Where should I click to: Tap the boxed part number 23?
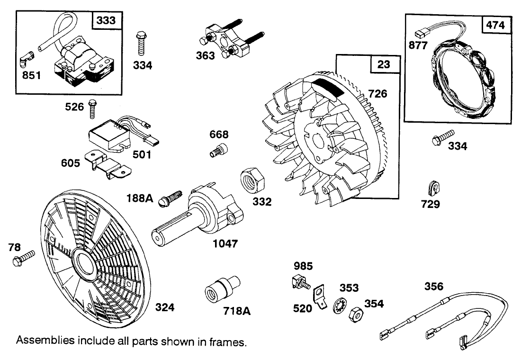click(x=384, y=64)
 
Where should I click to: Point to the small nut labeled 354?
click(x=355, y=315)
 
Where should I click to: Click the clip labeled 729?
click(x=433, y=187)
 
